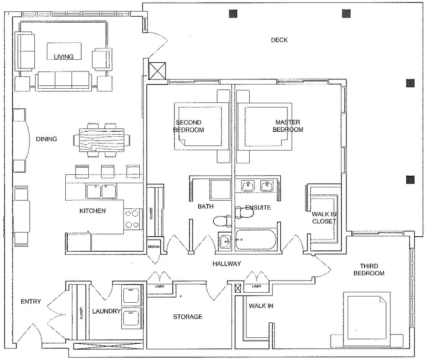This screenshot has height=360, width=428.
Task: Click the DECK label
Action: point(279,40)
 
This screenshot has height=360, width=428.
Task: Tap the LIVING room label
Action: point(64,56)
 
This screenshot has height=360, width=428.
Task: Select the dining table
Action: point(102,140)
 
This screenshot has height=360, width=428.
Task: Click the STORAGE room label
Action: point(188,317)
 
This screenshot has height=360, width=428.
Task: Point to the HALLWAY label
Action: point(227,263)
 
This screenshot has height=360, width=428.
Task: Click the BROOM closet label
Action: point(154,247)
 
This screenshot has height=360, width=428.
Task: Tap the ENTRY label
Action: point(31,301)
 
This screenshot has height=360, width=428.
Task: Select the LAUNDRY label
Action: point(106,311)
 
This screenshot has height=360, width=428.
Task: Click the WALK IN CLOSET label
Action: point(324,218)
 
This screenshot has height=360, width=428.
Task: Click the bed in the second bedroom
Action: point(201,126)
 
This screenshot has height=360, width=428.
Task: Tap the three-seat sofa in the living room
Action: point(64,80)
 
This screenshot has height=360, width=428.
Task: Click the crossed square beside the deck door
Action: point(157,71)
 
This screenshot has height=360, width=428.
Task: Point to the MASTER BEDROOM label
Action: point(288,126)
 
